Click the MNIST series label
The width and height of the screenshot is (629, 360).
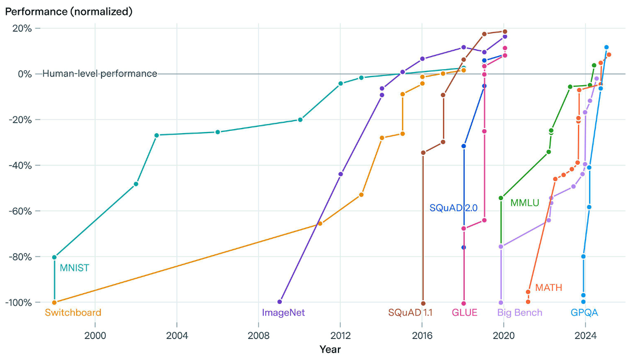74,268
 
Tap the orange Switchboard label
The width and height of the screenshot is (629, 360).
73,313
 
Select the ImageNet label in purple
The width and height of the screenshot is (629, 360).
283,313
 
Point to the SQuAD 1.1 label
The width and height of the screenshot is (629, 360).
410,313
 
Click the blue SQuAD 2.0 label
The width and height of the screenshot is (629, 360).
453,208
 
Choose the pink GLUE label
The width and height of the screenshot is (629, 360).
464,313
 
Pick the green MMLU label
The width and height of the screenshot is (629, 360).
525,203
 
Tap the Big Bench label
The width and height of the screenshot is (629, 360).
519,313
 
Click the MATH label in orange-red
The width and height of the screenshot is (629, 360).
548,287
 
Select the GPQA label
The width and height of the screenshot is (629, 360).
584,313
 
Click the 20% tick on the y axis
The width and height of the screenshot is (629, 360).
22,28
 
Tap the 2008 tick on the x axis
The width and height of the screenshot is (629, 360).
258,335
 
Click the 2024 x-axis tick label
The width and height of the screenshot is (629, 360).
586,335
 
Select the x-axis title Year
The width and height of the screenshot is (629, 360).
330,350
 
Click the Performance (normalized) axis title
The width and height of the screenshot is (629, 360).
69,11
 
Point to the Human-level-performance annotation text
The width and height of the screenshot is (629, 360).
100,74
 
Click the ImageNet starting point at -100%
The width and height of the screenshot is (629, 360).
280,302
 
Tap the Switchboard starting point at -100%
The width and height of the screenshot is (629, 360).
54,303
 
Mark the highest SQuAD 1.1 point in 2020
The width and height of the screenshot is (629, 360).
505,31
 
